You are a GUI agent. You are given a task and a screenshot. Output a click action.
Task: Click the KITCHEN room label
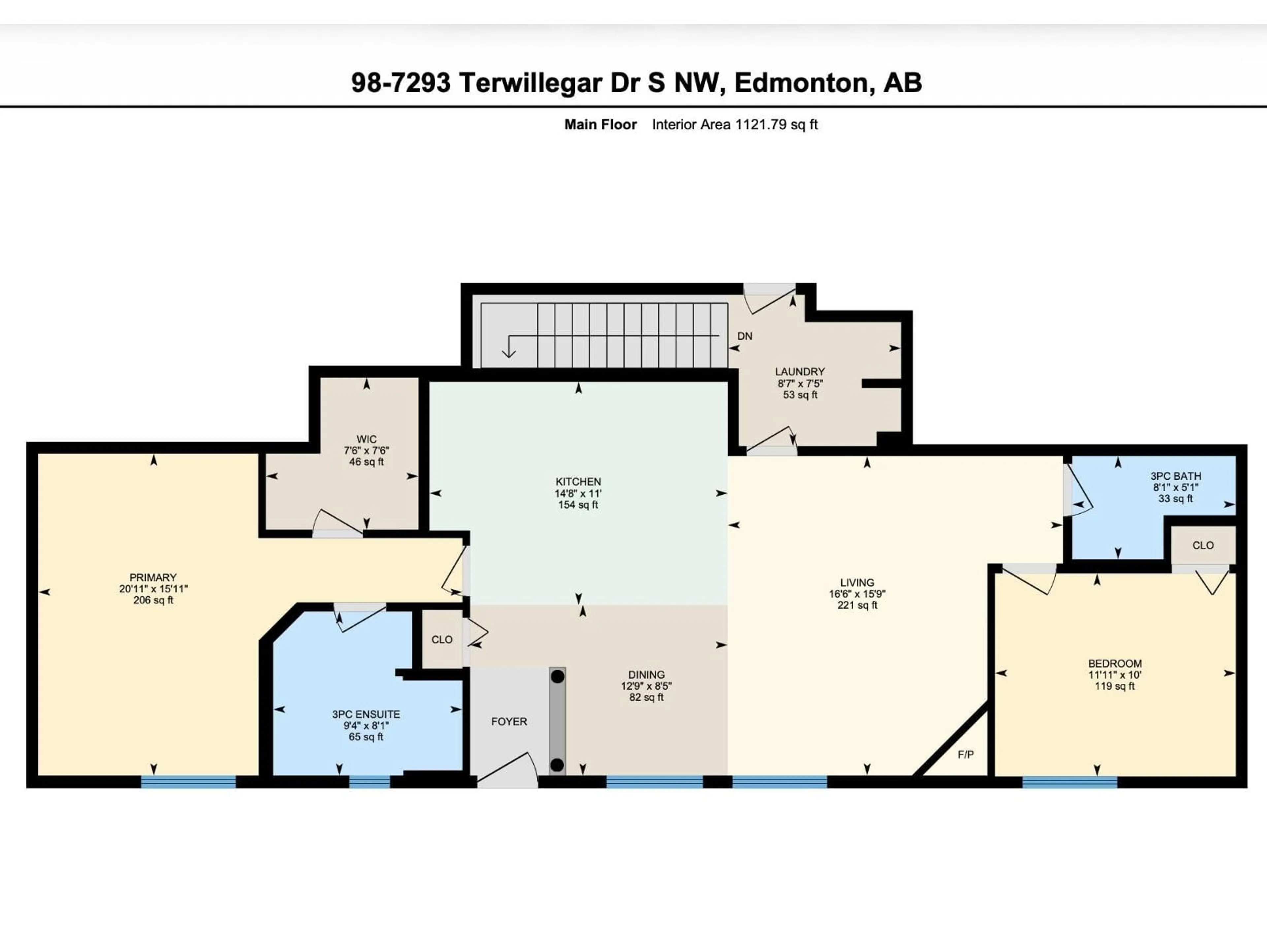click(578, 482)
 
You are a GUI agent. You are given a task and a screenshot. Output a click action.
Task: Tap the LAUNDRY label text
click(799, 372)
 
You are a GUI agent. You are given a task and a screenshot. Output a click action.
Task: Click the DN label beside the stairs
click(745, 336)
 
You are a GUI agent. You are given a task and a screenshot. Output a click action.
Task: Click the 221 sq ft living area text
click(857, 605)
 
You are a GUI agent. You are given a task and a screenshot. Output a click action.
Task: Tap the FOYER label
click(509, 721)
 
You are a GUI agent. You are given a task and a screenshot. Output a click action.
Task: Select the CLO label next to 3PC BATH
click(1203, 545)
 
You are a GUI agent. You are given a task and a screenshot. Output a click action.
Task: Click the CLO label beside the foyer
click(441, 640)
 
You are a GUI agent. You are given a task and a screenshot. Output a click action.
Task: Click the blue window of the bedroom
click(1069, 782)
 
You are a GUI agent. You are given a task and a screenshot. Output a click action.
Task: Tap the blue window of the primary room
click(188, 782)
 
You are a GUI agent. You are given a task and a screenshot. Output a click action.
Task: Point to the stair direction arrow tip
click(509, 356)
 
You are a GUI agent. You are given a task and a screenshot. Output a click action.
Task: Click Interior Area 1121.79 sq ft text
click(734, 125)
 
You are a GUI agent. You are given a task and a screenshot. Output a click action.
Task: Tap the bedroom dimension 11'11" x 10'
click(1115, 675)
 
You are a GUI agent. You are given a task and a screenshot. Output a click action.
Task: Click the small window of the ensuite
click(370, 782)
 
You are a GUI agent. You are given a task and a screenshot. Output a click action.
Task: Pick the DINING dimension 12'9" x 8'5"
click(646, 686)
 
